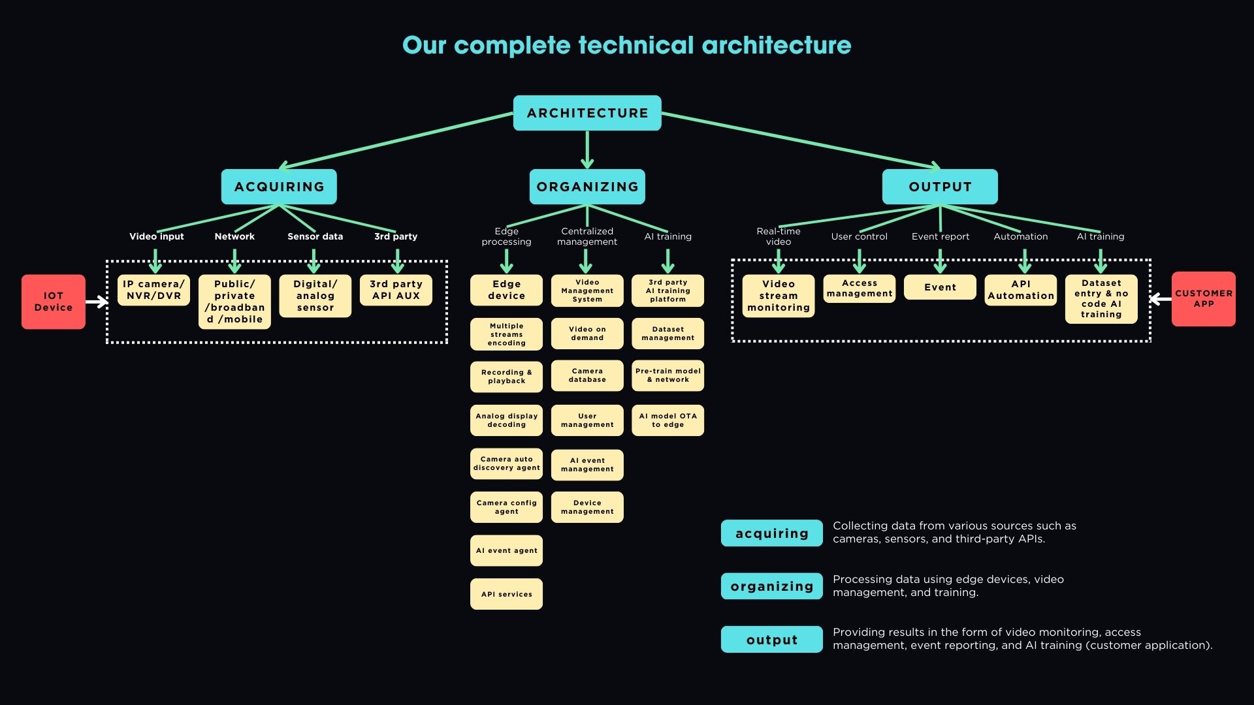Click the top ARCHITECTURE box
pyautogui.click(x=587, y=113)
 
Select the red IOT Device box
pyautogui.click(x=54, y=302)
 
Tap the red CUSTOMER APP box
pyautogui.click(x=1203, y=299)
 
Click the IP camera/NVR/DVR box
pyautogui.click(x=153, y=290)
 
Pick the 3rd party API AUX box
pyautogui.click(x=396, y=290)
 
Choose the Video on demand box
pyautogui.click(x=587, y=334)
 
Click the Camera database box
pyautogui.click(x=587, y=375)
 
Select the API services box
pyautogui.click(x=506, y=594)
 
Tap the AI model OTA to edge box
pyautogui.click(x=667, y=420)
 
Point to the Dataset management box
pyautogui.click(x=667, y=334)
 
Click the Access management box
pyautogui.click(x=859, y=289)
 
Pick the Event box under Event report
pyautogui.click(x=940, y=287)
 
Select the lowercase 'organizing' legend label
pyautogui.click(x=771, y=586)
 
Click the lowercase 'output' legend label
pyautogui.click(x=771, y=640)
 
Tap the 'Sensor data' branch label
pyautogui.click(x=315, y=236)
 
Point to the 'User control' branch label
pyautogui.click(x=859, y=236)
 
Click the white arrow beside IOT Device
pyautogui.click(x=97, y=302)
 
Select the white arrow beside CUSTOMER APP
pyautogui.click(x=1160, y=299)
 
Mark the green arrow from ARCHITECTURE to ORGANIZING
pyautogui.click(x=587, y=150)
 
